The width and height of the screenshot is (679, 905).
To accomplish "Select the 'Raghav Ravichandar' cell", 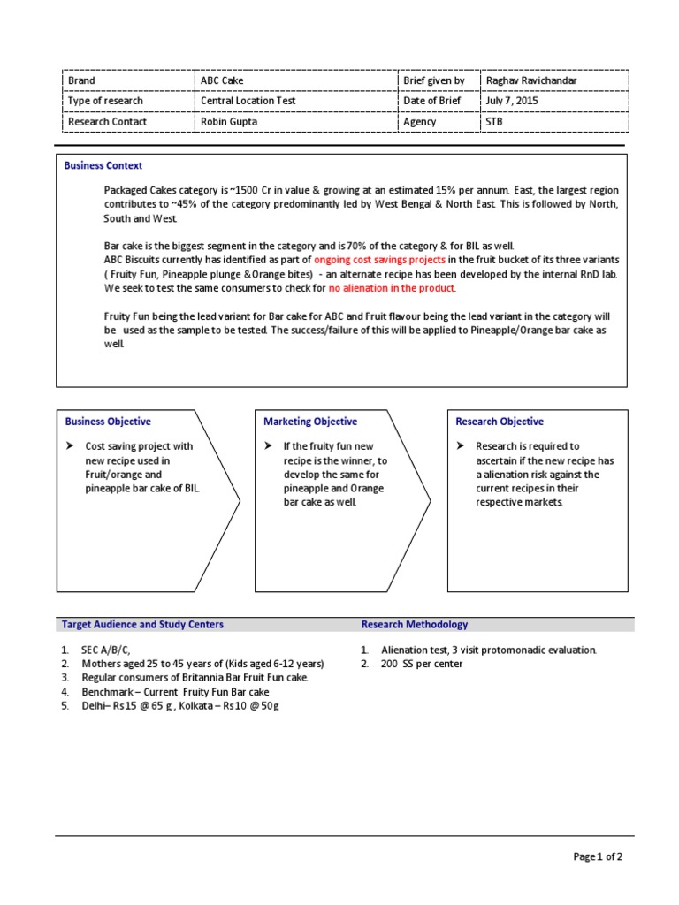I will tap(530, 80).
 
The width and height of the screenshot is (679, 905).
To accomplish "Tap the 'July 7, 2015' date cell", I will tap(512, 101).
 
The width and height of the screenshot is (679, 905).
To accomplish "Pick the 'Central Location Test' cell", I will tap(248, 101).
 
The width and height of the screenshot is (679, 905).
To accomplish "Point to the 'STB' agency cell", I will tap(494, 122).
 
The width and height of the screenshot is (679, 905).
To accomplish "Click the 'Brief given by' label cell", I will tap(434, 80).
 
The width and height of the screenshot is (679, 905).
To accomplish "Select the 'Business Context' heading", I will tap(103, 165).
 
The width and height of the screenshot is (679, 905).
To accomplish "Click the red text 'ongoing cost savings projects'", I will tap(379, 260).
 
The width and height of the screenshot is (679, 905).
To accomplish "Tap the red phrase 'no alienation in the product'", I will tap(393, 288).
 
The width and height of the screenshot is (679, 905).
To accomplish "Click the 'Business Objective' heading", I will tap(107, 422).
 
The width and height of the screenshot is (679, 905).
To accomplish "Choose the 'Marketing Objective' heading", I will tap(310, 422).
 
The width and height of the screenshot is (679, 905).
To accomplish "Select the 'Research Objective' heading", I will tap(500, 422).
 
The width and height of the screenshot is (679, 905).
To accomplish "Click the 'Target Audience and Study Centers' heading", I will tap(142, 624).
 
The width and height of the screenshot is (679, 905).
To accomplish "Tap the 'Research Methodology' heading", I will tap(415, 624).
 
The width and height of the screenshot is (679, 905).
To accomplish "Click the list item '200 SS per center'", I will tap(422, 664).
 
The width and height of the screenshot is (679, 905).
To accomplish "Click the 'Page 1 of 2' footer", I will tap(598, 856).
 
